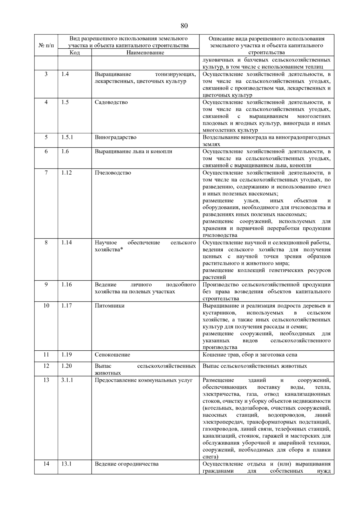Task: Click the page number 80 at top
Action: [184, 26]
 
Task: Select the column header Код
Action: [74, 52]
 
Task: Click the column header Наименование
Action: [145, 52]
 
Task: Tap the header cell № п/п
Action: [46, 45]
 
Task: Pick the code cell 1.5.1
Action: [67, 137]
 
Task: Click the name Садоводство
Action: [111, 102]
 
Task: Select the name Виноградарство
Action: [115, 137]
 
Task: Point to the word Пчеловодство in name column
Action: [113, 173]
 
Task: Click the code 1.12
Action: [66, 173]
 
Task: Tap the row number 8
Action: [46, 243]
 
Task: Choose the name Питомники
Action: [109, 306]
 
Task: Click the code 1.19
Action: [66, 355]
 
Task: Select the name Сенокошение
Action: [112, 355]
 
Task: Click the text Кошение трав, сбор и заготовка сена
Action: [250, 355]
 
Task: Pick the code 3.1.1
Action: [67, 380]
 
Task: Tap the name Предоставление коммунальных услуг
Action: [143, 380]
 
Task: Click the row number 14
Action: [46, 464]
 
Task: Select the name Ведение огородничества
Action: [127, 464]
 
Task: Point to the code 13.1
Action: [66, 464]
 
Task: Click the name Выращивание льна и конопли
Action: [133, 151]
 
